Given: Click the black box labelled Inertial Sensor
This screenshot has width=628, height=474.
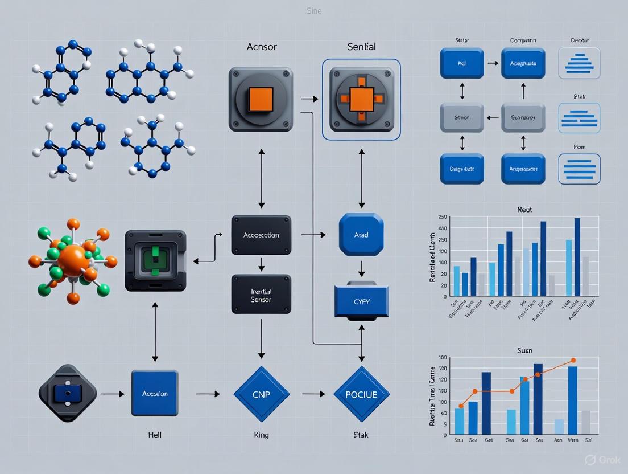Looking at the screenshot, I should pyautogui.click(x=261, y=294).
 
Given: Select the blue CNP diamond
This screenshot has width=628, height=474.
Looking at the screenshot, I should pyautogui.click(x=262, y=394).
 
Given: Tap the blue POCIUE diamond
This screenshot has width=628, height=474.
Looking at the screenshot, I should pyautogui.click(x=361, y=394).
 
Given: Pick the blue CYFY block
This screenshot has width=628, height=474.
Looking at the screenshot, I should pyautogui.click(x=361, y=302).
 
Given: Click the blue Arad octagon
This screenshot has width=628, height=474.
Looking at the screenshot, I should pyautogui.click(x=361, y=234).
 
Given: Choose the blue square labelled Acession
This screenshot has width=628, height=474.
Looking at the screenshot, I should pyautogui.click(x=155, y=393).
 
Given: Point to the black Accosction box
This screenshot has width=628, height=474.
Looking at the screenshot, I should pyautogui.click(x=261, y=235).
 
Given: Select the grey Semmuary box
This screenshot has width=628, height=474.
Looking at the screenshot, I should pyautogui.click(x=523, y=118).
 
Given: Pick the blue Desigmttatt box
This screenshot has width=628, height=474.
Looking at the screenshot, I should pyautogui.click(x=462, y=169).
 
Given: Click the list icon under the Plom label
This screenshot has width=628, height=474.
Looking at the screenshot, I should pyautogui.click(x=579, y=169).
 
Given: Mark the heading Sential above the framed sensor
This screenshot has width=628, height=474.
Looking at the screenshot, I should pyautogui.click(x=361, y=47).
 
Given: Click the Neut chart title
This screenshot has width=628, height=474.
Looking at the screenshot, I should pyautogui.click(x=524, y=210).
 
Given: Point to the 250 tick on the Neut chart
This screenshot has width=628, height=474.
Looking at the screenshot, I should pyautogui.click(x=442, y=217).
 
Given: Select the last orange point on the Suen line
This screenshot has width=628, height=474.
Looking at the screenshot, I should pyautogui.click(x=573, y=360).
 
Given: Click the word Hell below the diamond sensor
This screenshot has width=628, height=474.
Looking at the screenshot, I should pyautogui.click(x=155, y=435).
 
